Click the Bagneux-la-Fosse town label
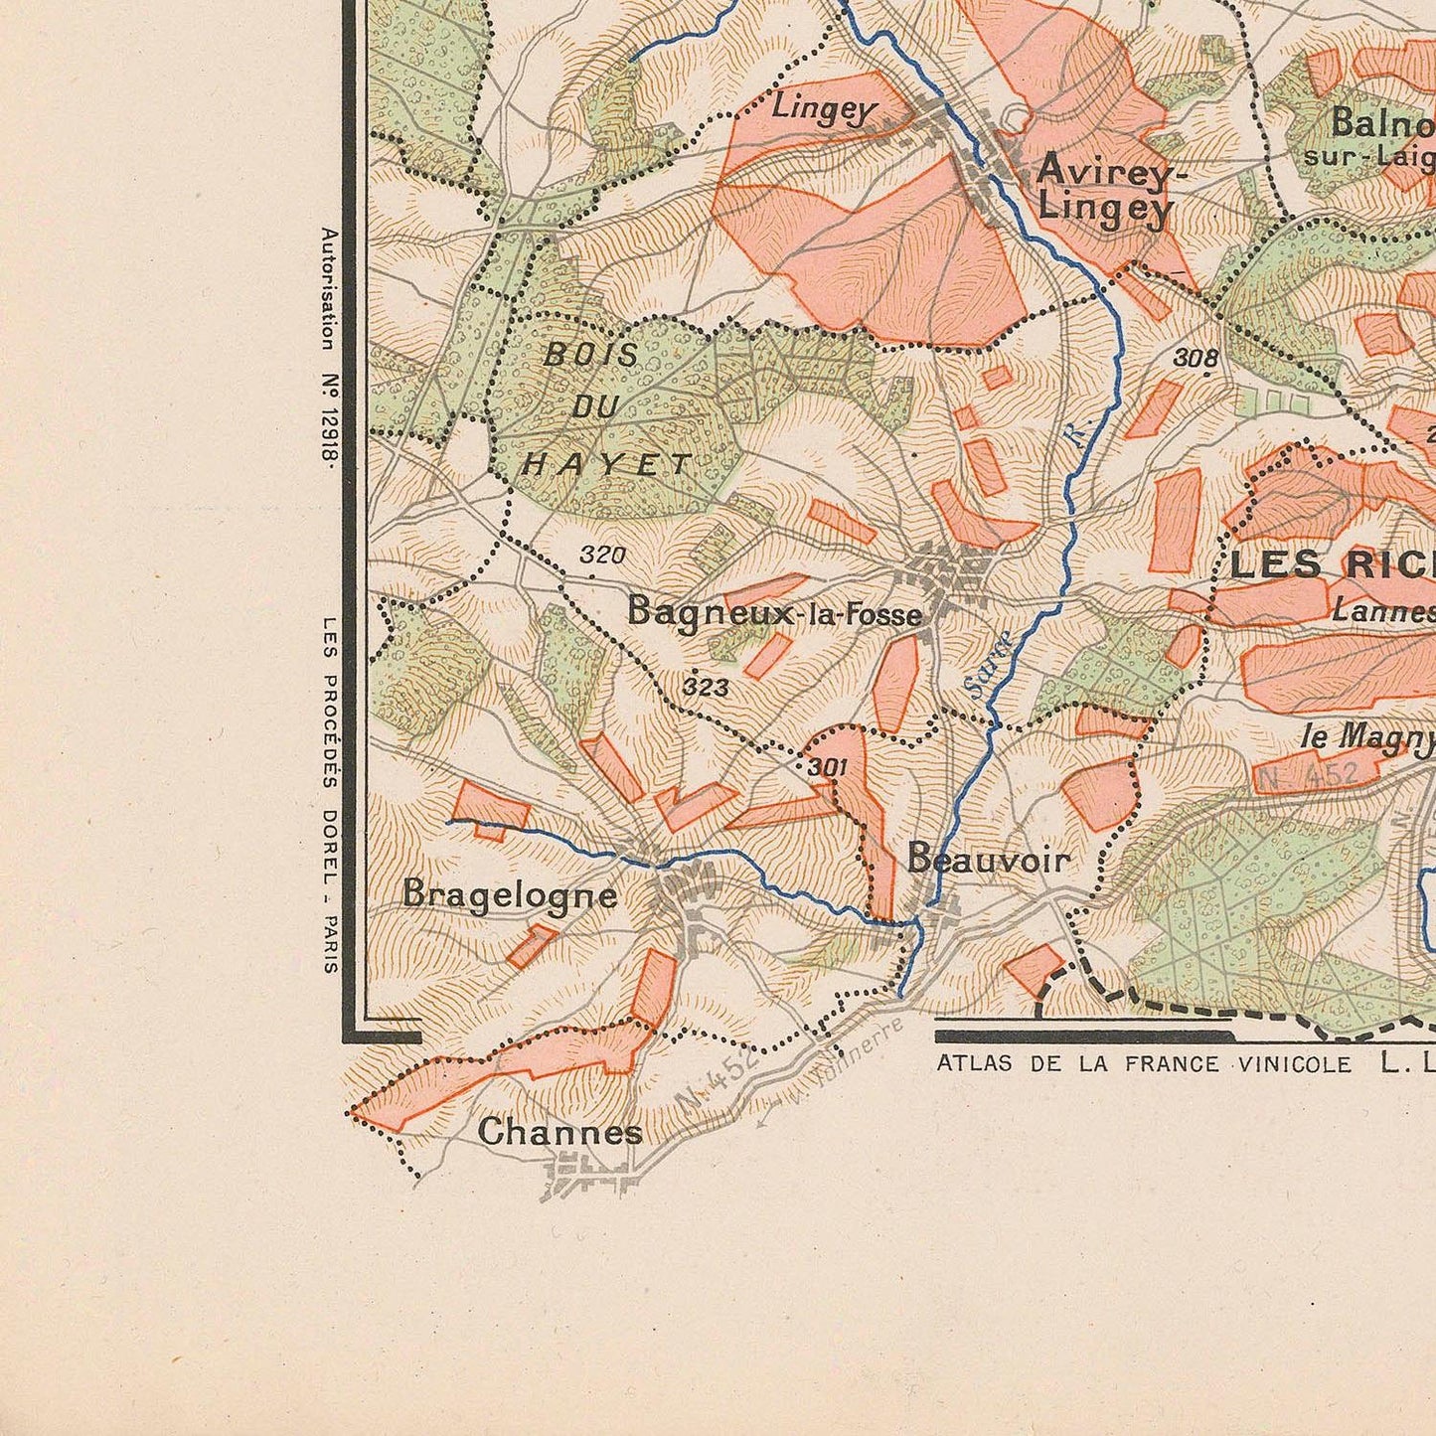tap(774, 613)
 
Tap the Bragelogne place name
tap(510, 894)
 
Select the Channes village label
tap(559, 1131)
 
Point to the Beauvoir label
tap(989, 859)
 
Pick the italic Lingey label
tap(821, 107)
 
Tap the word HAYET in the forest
tap(607, 463)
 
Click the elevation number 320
tap(602, 555)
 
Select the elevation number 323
tap(706, 687)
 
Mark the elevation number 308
tap(1196, 359)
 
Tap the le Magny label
tap(1367, 736)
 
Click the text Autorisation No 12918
tap(329, 345)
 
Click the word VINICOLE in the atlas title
tap(1295, 1064)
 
